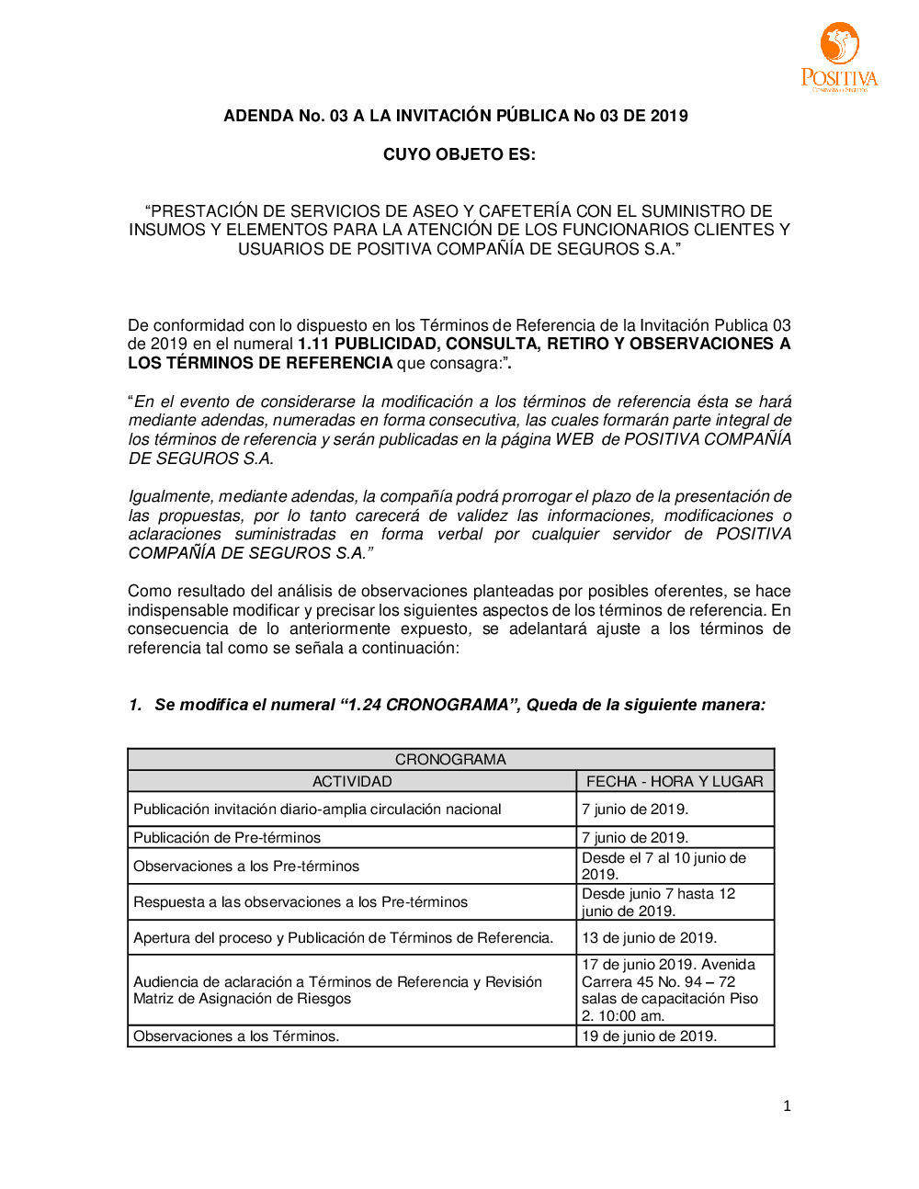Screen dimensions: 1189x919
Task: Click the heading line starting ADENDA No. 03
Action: tap(456, 116)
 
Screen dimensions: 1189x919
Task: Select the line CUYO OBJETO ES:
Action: tap(459, 154)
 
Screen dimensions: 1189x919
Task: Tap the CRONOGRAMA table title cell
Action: tap(450, 759)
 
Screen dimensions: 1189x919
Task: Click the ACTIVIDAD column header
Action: tap(352, 781)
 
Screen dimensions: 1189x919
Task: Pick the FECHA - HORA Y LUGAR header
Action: tap(675, 781)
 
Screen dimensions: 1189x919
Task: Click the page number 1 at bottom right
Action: tap(787, 1106)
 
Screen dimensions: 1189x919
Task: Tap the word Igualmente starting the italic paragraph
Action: tap(170, 496)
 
